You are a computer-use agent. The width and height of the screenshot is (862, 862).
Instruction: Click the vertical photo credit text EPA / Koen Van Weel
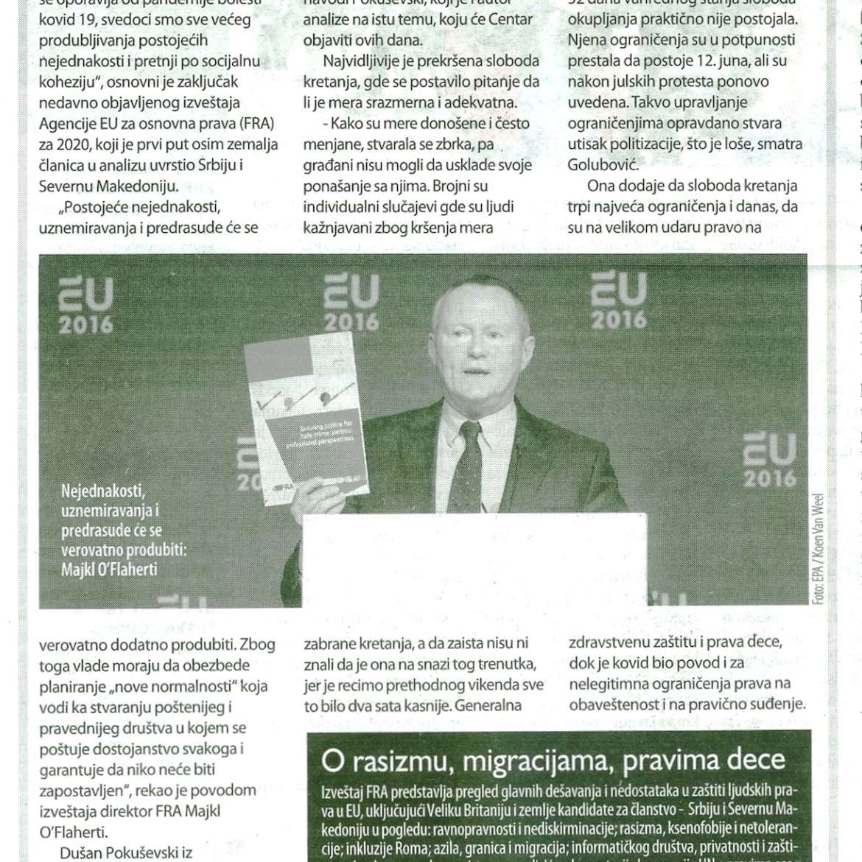point(819,549)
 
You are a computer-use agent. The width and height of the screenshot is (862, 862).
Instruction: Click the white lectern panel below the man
point(476,560)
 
